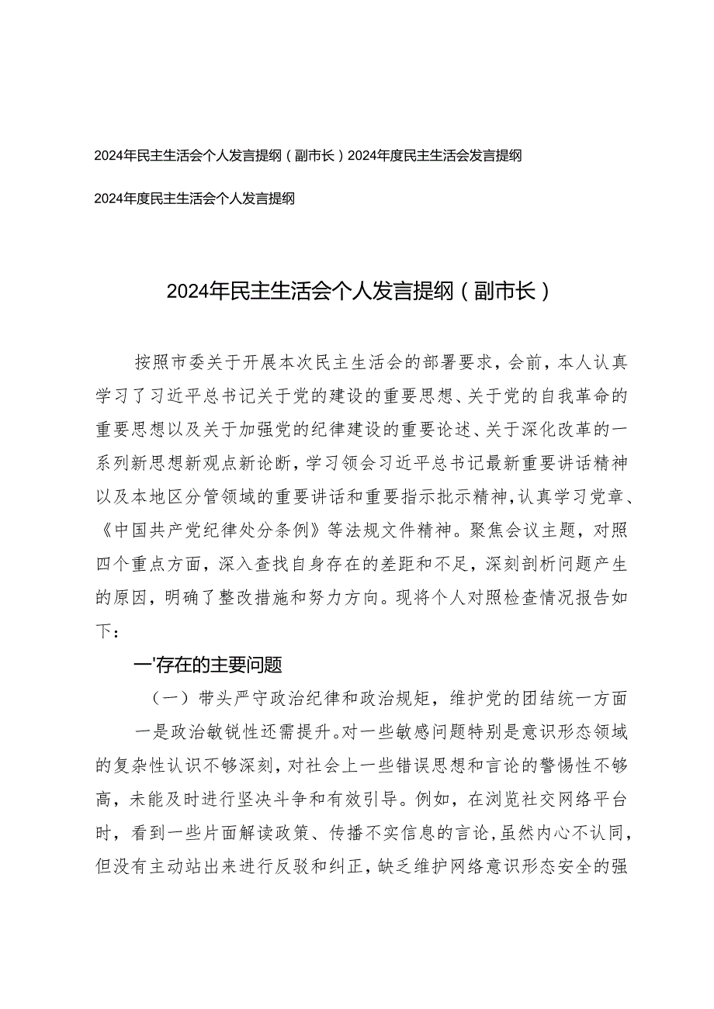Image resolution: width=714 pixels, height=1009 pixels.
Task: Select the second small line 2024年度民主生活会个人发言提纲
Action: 194,199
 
